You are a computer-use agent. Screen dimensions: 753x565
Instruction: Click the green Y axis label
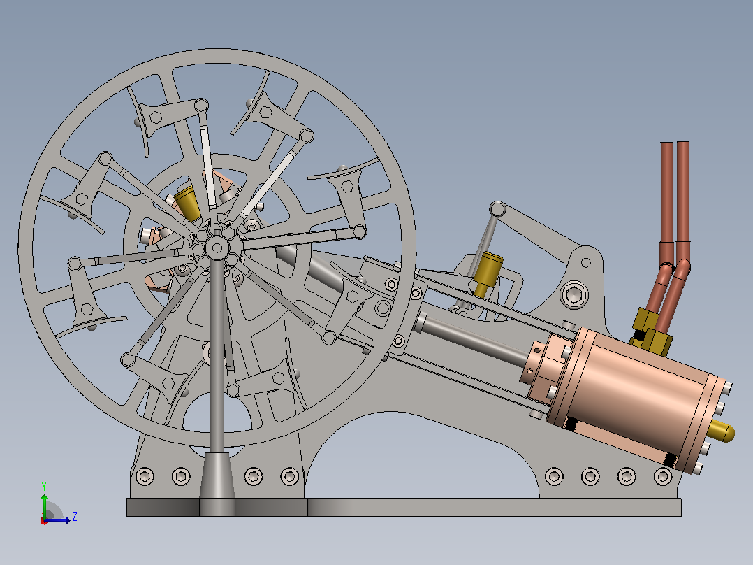[44, 486]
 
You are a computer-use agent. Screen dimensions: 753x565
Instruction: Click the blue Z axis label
[75, 517]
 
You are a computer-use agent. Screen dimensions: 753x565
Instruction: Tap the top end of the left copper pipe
[666, 143]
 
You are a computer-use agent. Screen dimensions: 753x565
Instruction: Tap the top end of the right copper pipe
[683, 143]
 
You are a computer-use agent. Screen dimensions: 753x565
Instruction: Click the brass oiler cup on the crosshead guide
[488, 273]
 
